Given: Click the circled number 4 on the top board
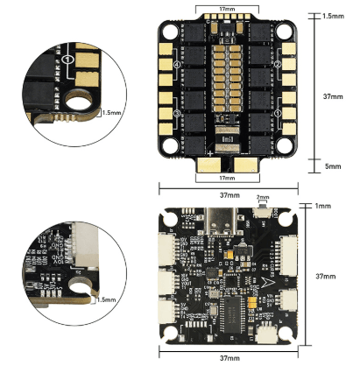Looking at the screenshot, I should click(178, 65).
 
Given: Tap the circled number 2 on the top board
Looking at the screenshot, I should click(277, 65).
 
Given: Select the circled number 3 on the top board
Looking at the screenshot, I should click(178, 114).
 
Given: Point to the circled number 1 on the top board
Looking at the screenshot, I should click(277, 114).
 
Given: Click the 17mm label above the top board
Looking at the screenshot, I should click(227, 10).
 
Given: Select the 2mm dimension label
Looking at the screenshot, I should click(262, 198).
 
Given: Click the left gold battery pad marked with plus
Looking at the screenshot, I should click(213, 163).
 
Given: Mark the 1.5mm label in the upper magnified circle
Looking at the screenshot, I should click(111, 112).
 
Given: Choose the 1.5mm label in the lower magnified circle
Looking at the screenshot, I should click(106, 299).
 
